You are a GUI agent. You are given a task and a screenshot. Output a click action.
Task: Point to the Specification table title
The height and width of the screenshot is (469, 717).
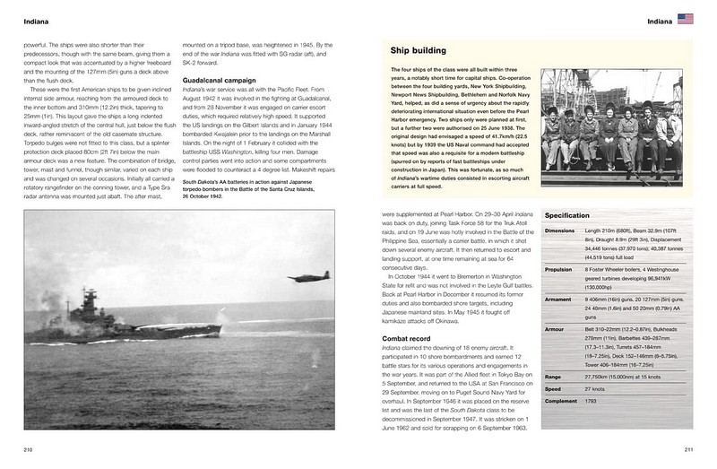566,216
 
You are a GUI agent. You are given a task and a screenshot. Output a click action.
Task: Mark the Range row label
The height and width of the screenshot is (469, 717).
555,378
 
